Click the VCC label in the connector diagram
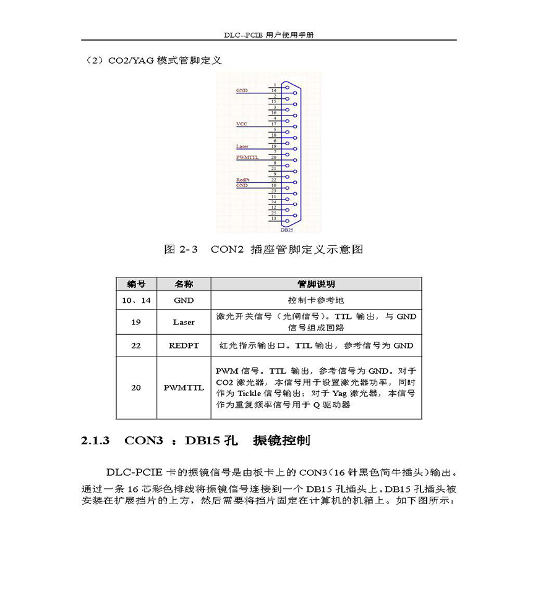242,124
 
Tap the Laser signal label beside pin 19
242,146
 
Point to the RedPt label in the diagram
242,180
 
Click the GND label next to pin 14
242,91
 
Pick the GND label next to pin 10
242,185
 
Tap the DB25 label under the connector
287,230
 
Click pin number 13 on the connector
273,218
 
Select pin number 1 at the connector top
274,85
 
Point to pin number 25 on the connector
273,213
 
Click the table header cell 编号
136,284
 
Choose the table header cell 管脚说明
316,284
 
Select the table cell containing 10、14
136,300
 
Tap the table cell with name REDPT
184,345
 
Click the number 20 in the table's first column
136,388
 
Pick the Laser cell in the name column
184,322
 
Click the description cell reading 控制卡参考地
316,300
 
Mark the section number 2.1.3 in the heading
95,441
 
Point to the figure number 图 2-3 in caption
181,250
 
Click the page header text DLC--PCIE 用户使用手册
269,35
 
